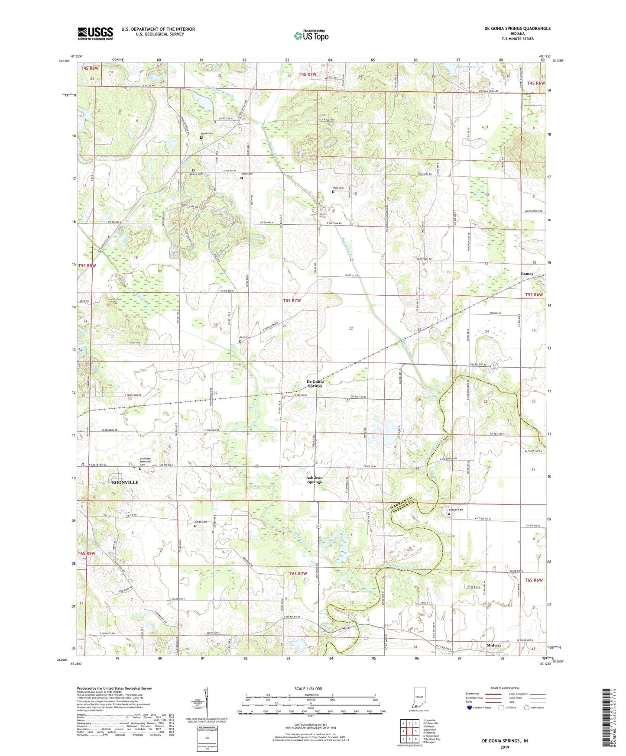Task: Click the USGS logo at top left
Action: click(x=95, y=33)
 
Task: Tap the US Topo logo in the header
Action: click(x=311, y=35)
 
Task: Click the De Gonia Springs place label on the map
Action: click(x=315, y=384)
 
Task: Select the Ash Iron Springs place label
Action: click(x=315, y=480)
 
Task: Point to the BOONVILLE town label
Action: click(x=125, y=482)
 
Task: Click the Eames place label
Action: click(x=527, y=274)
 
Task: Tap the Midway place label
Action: click(x=494, y=645)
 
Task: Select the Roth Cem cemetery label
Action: click(x=246, y=338)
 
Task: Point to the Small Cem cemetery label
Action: click(x=201, y=522)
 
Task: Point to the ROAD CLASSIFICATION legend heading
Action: click(x=506, y=688)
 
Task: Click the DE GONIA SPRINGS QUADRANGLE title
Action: click(x=518, y=29)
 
